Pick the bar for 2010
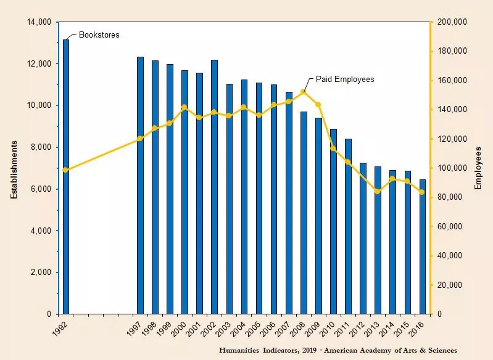333,221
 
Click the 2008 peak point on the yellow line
304,91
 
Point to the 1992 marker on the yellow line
65,170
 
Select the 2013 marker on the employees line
378,191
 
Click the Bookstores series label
99,35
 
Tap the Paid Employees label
345,80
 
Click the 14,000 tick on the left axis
38,22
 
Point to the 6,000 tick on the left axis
41,189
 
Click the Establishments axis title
13,168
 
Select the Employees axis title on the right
479,168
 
